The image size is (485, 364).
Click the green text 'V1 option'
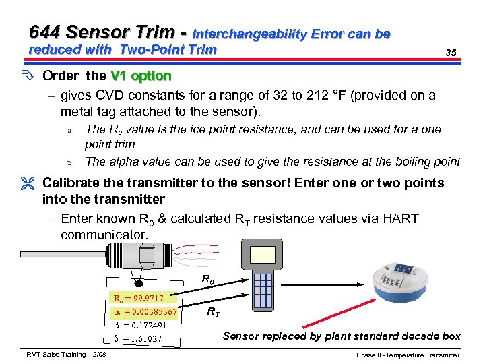tap(141, 75)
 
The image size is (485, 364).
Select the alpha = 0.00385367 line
tap(143, 311)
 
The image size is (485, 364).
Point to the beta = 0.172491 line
tap(139, 325)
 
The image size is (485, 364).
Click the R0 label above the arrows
tap(209, 279)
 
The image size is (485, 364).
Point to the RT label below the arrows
tap(212, 312)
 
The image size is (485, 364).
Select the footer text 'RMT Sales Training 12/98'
tap(66, 355)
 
